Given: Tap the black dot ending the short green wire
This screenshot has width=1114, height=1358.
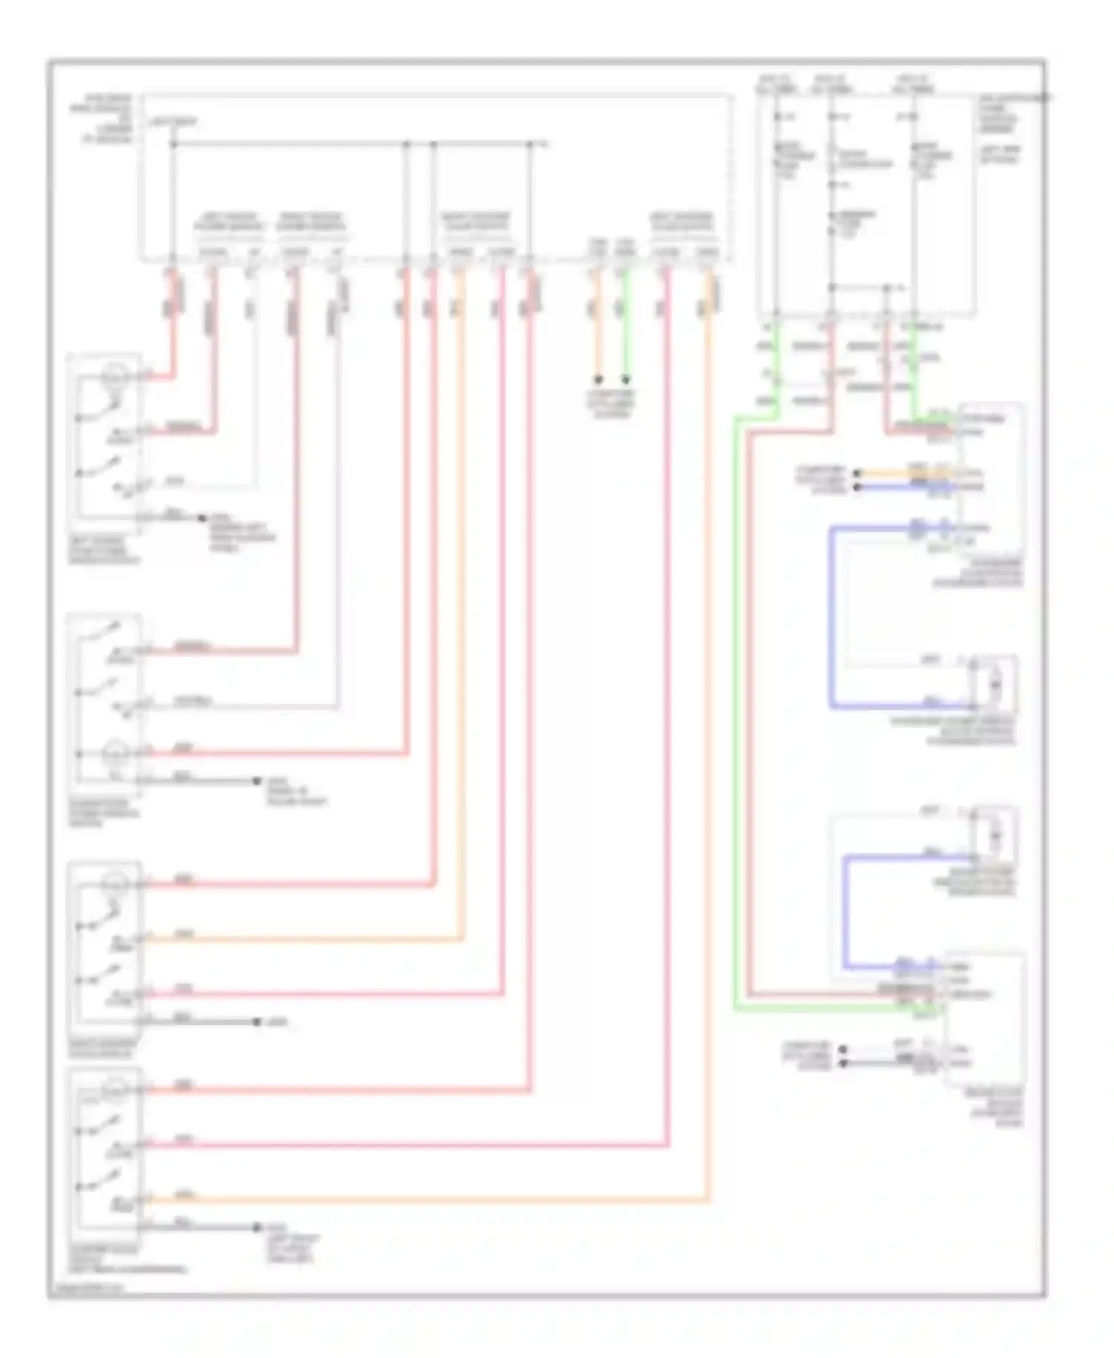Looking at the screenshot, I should coord(626,380).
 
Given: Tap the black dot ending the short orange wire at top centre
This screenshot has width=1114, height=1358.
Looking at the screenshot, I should coord(597,380).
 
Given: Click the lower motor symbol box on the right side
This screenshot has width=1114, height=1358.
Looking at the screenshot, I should coord(995,832).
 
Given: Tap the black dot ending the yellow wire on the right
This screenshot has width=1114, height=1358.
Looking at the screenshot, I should coord(857,473).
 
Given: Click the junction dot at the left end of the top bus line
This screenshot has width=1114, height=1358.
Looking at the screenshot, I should coord(173,144).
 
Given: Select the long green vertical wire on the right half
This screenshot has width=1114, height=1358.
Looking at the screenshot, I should coord(736,706).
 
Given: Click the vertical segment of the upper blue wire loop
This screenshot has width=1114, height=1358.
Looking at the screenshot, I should coord(832,617).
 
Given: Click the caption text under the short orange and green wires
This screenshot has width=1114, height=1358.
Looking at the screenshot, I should coord(611,403).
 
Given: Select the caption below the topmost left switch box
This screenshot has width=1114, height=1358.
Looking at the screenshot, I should coord(104,550).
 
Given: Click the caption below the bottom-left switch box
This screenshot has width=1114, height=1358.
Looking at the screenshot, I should coord(126,1259).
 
